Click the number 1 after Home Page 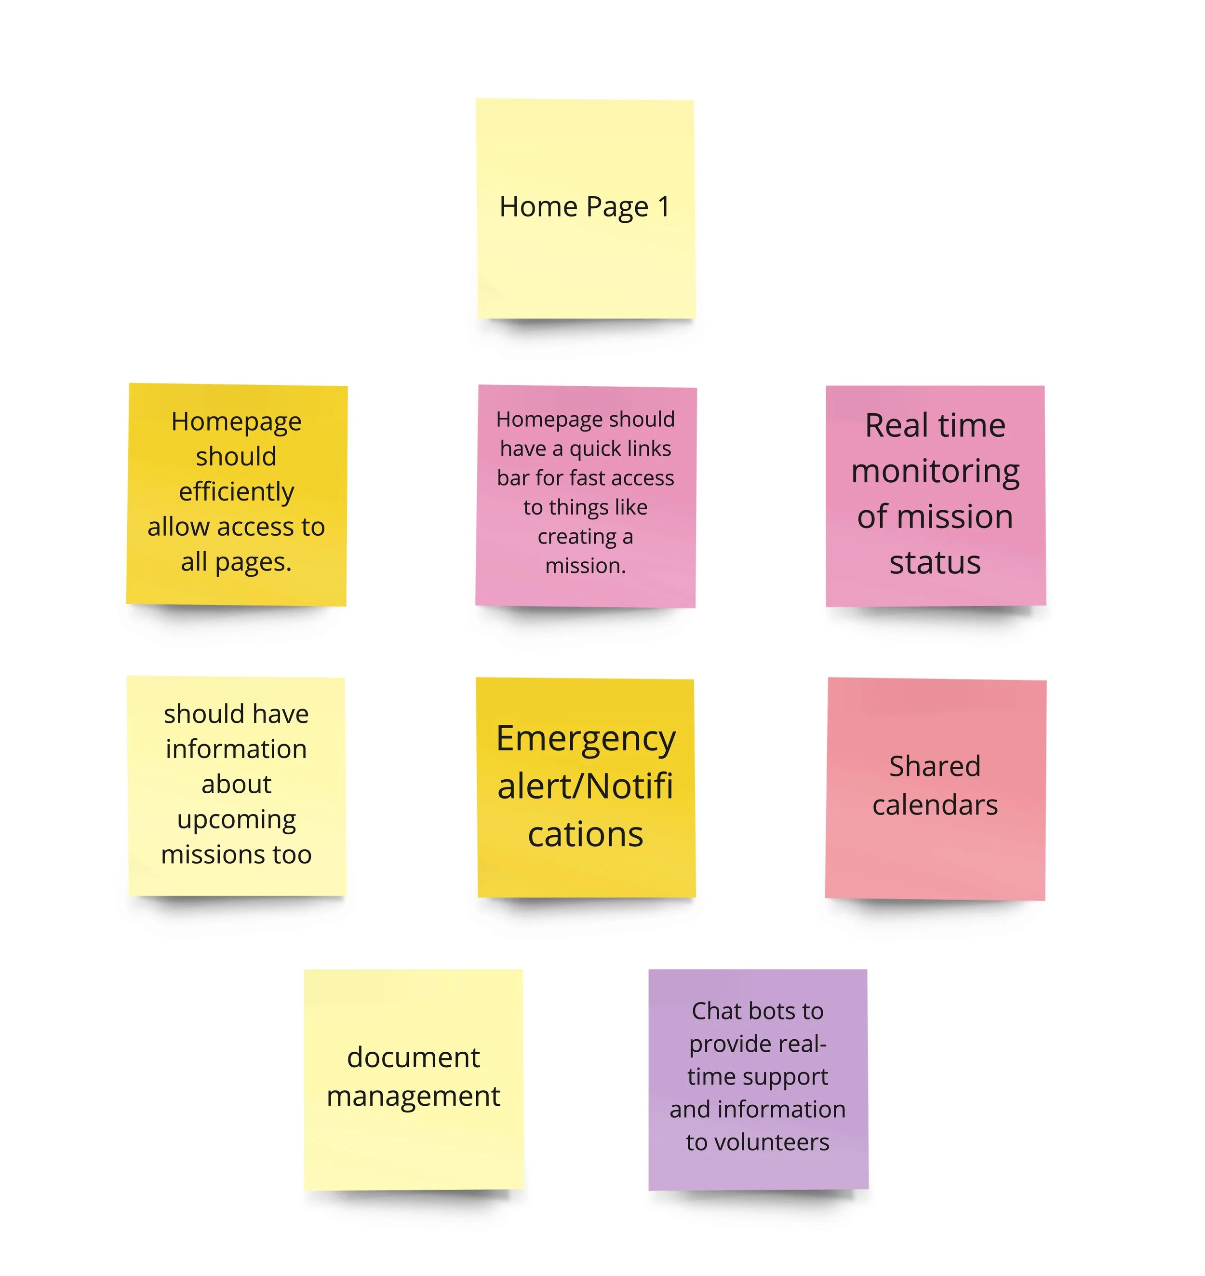click(664, 207)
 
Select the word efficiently click(236, 491)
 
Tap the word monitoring click(935, 472)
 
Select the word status click(935, 562)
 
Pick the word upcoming click(236, 820)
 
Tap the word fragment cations click(586, 835)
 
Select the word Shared click(935, 766)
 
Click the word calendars click(935, 805)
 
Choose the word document click(413, 1058)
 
